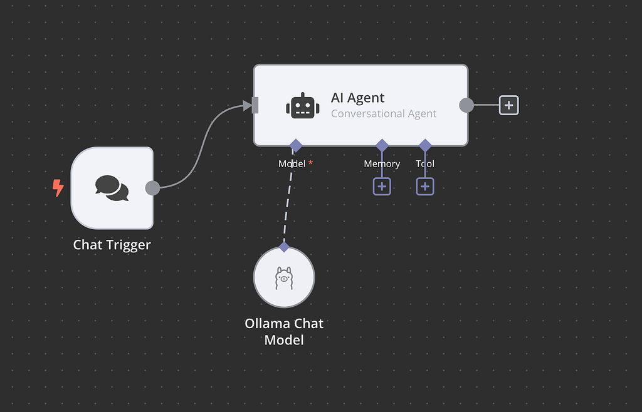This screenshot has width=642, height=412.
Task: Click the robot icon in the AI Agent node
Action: coord(302,105)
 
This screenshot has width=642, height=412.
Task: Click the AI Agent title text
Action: coord(357,98)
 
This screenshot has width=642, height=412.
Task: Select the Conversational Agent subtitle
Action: coord(383,113)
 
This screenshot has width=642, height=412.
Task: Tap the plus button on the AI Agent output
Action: coord(508,105)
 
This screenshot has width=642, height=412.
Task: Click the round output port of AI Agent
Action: coord(466,105)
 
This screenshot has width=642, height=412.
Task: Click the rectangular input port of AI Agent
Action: coord(255,105)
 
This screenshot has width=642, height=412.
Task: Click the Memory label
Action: coord(382,163)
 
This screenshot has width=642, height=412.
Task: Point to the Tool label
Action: coord(424,163)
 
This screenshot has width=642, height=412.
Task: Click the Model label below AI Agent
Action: coord(292,163)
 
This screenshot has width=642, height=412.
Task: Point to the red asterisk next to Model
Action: coord(310,163)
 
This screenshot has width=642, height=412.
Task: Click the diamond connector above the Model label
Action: coord(296,146)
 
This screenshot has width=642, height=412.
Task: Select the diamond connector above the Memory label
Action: coord(382,146)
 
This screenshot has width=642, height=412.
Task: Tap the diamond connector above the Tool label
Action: coord(425,146)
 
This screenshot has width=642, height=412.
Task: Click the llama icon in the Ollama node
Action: coord(284,277)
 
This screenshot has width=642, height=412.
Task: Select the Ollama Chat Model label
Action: coord(284,332)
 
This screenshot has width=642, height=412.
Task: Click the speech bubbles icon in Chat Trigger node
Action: coord(112,188)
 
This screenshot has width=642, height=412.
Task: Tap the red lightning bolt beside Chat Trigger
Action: coord(58,188)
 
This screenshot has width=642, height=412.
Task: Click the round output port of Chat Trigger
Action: coord(152,188)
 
